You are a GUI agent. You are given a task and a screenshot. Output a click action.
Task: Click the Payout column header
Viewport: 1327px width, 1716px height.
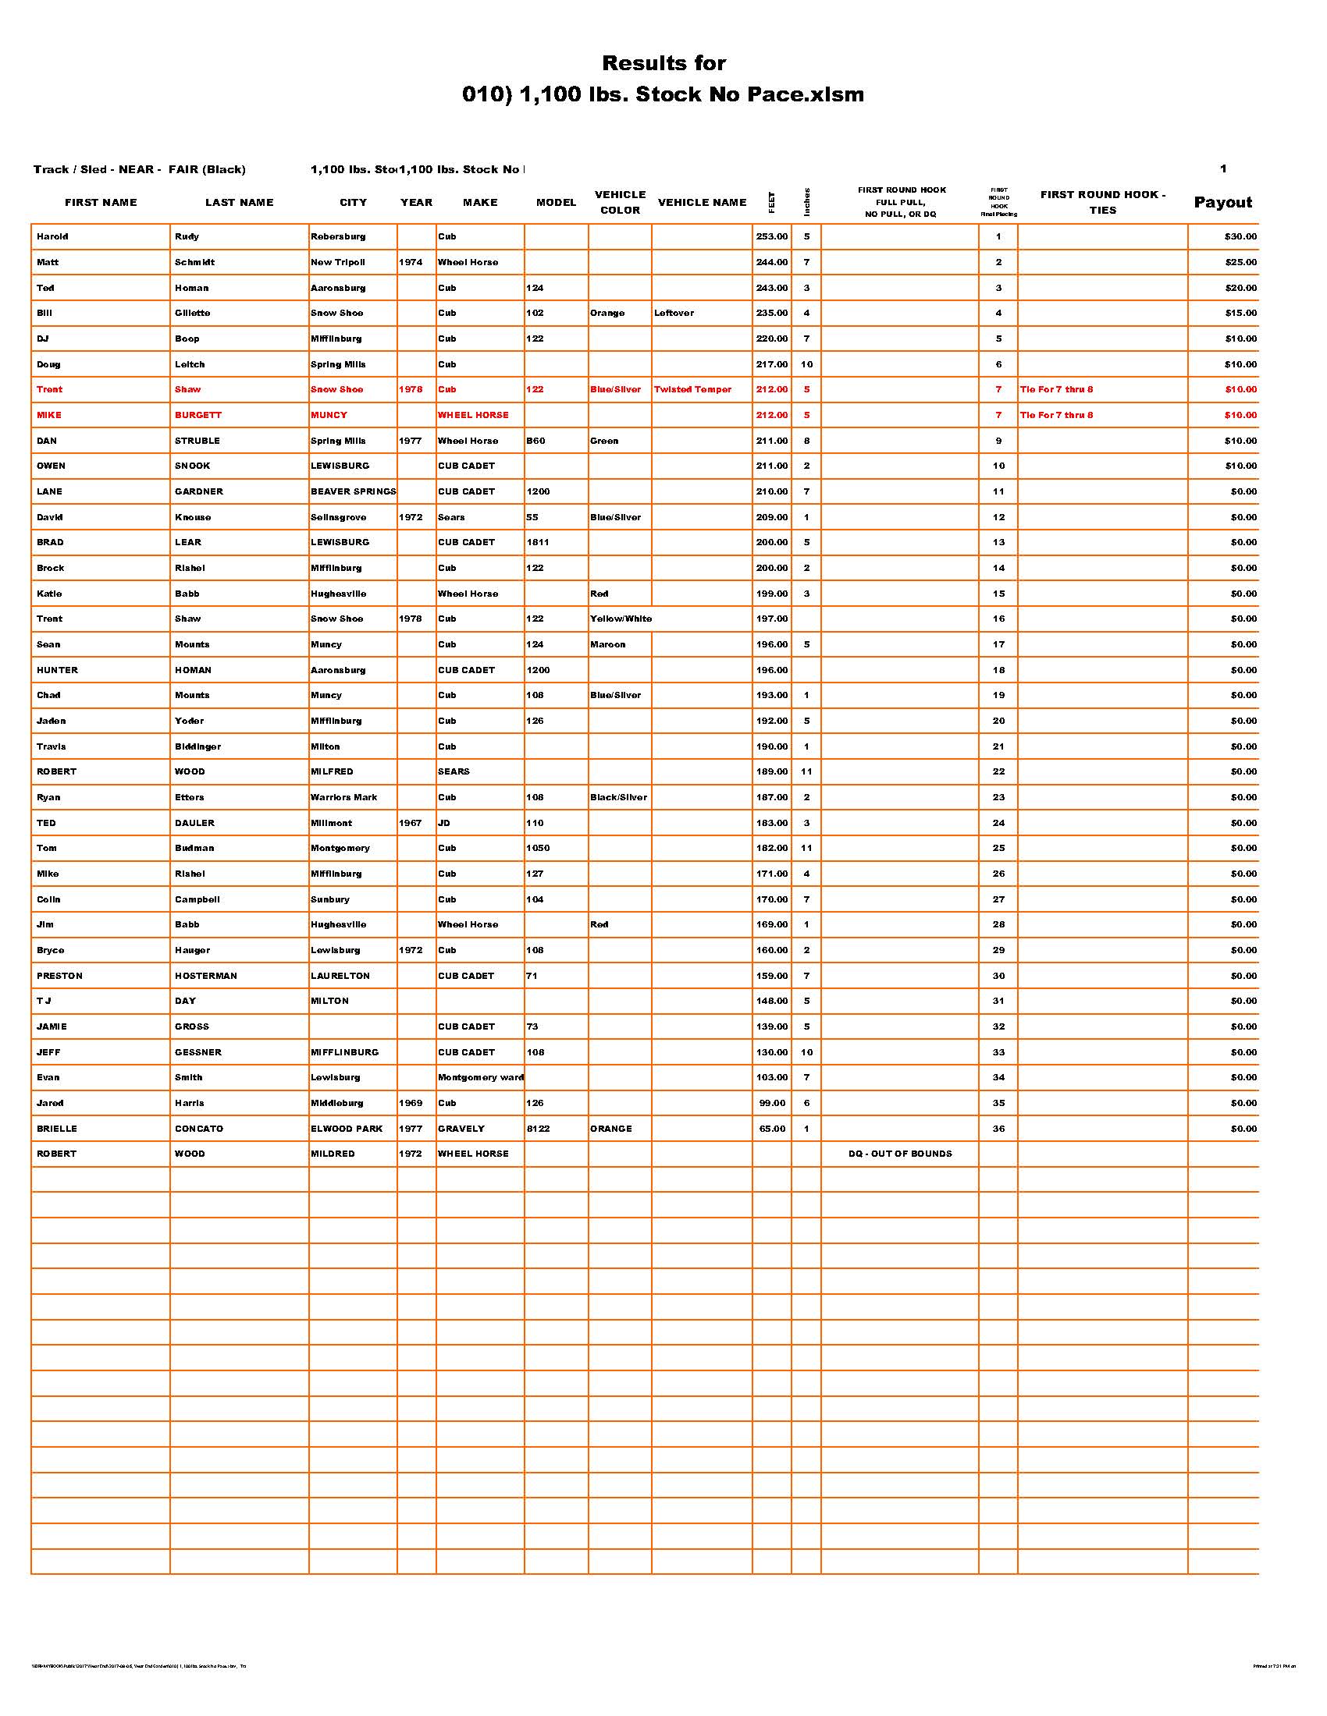(x=1222, y=203)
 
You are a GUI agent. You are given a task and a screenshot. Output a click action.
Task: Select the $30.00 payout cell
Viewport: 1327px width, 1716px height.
(x=1240, y=236)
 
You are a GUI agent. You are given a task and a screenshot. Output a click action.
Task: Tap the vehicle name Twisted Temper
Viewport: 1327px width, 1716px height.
(x=692, y=390)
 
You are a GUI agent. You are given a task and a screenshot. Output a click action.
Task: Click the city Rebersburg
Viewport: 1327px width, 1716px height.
(x=338, y=236)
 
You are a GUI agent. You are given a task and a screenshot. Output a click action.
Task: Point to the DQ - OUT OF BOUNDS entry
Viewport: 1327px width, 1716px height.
(x=900, y=1154)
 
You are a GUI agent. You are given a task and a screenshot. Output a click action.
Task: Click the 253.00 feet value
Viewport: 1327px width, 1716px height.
(x=771, y=236)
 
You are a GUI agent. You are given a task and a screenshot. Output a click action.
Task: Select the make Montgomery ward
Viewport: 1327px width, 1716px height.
(x=480, y=1077)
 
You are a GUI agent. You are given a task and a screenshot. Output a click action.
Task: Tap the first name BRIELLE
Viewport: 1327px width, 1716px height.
(x=57, y=1129)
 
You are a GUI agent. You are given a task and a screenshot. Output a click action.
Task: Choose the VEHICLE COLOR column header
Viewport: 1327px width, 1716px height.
(x=621, y=203)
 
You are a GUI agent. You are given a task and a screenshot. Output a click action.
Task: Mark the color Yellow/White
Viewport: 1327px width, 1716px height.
(x=621, y=619)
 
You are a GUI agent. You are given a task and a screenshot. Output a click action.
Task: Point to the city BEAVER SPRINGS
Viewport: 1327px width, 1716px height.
(x=353, y=491)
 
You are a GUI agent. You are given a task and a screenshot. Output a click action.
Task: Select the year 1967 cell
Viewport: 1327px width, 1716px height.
(x=411, y=823)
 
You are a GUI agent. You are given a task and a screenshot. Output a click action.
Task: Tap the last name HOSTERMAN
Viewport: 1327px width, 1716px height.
(x=207, y=975)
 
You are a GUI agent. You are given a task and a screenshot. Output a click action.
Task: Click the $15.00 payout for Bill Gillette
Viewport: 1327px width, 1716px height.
(x=1240, y=313)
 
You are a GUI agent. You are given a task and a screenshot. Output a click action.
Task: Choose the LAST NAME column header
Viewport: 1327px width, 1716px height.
(x=239, y=203)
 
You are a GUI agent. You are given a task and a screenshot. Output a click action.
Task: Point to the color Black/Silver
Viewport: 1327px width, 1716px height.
(x=619, y=796)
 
